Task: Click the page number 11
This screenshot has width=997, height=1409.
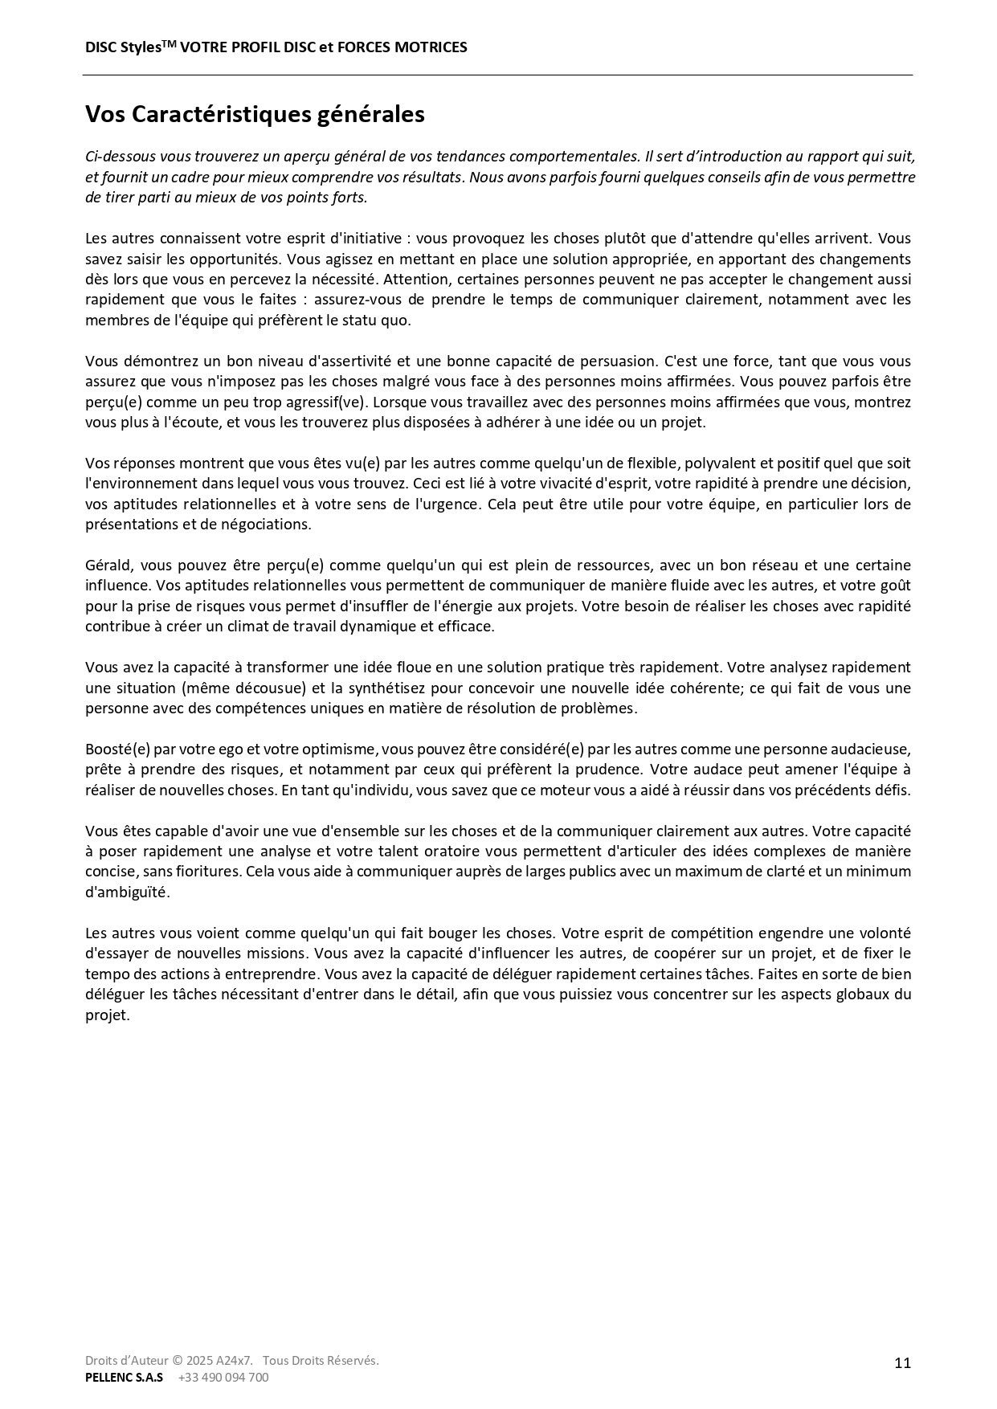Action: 902,1362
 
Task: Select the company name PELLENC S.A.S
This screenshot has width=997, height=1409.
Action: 124,1377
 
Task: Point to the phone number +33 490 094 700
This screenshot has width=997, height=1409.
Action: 223,1377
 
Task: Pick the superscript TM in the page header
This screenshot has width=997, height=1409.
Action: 169,43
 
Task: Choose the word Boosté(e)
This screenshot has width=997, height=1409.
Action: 117,749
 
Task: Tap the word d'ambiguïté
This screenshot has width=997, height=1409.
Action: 127,892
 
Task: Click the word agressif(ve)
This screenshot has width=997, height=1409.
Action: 325,402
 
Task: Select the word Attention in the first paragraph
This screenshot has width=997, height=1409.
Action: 415,280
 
